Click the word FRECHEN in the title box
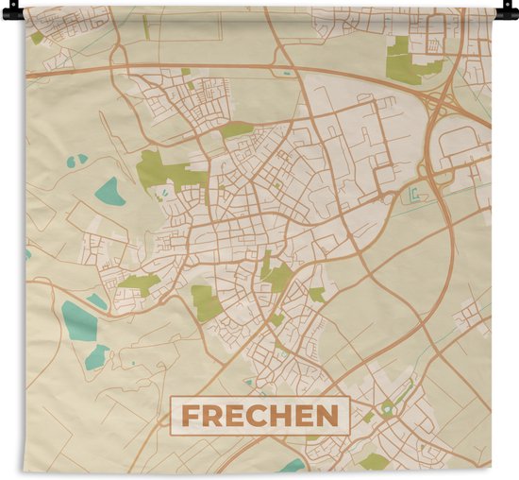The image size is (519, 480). tap(259, 415)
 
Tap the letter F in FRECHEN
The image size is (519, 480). tap(191, 415)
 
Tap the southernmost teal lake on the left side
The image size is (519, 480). tap(96, 357)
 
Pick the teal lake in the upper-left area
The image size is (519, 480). tap(109, 192)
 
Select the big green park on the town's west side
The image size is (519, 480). tap(165, 171)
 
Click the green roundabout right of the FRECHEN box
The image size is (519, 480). tap(387, 408)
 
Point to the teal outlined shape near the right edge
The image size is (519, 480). tap(414, 196)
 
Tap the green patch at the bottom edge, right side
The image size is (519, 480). tap(376, 461)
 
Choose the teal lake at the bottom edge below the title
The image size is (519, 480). tap(293, 465)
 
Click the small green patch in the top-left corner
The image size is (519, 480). tap(36, 38)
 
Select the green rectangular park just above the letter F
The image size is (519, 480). tap(205, 301)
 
